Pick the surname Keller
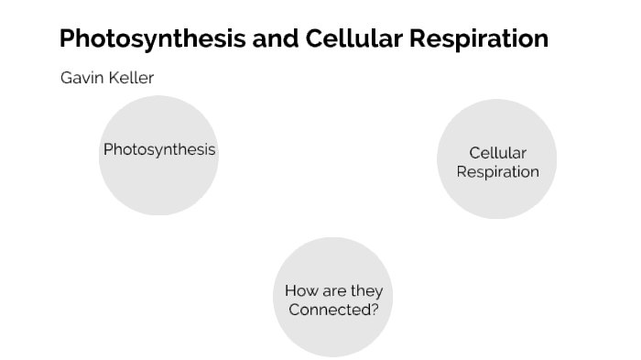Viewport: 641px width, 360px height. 131,78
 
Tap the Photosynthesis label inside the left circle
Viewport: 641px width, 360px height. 159,149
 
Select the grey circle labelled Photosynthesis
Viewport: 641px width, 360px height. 158,179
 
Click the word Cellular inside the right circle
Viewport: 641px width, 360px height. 497,153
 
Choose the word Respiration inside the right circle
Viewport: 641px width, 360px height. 497,171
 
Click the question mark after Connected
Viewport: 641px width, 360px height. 374,310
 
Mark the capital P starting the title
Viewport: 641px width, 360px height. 67,39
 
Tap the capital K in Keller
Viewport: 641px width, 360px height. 113,78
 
